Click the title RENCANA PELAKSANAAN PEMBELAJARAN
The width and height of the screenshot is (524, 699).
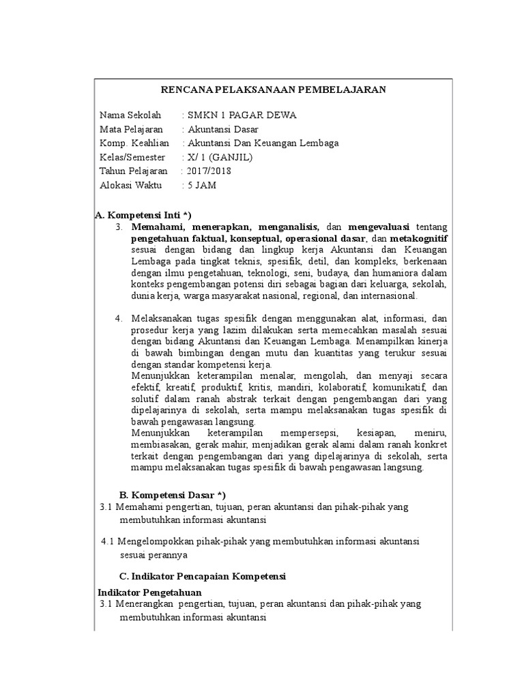tap(273, 89)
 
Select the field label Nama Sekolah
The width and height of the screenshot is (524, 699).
tap(130, 115)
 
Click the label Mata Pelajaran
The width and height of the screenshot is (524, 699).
tap(131, 129)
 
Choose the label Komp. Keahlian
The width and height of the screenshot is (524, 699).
tap(134, 143)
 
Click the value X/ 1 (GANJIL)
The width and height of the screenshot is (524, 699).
tap(220, 157)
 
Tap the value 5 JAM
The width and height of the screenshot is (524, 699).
tap(202, 185)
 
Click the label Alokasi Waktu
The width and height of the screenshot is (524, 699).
tap(130, 185)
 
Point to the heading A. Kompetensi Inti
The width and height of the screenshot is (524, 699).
tap(143, 215)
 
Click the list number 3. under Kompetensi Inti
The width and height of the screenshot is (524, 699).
tap(119, 227)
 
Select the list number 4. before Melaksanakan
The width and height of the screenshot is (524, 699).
tap(119, 317)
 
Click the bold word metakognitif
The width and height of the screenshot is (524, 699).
tap(418, 238)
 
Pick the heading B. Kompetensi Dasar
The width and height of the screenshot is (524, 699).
tap(172, 494)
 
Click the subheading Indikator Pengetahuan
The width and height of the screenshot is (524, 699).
tap(150, 592)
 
